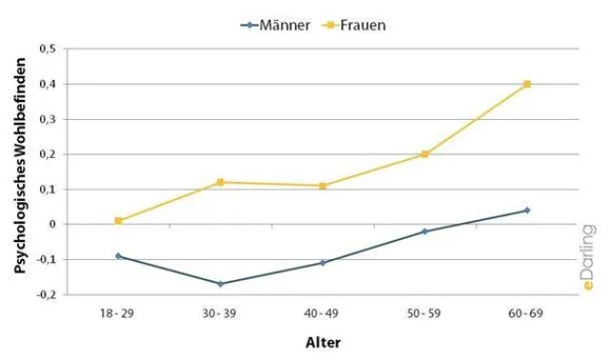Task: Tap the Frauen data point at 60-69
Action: [527, 84]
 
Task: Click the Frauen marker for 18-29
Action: [118, 221]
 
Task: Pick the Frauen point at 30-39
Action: [220, 182]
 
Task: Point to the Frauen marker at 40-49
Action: [322, 186]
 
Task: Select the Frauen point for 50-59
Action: [425, 154]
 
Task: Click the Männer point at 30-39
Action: [220, 284]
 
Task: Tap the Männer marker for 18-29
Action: [118, 256]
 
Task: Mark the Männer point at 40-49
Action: [322, 263]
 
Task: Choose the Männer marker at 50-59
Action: [425, 231]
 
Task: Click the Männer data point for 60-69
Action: [527, 210]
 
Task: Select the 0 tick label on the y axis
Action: [54, 225]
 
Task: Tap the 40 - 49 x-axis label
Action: [322, 312]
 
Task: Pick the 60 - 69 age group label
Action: [527, 312]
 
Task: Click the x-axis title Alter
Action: [322, 342]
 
